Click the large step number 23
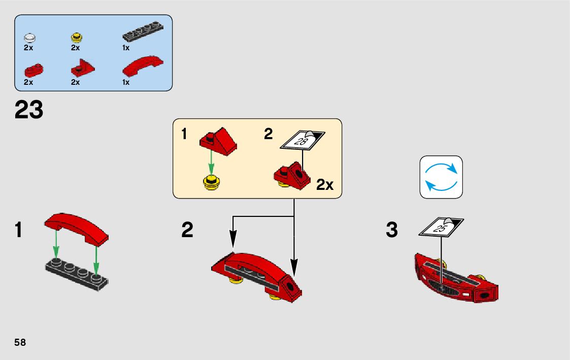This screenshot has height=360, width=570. [29, 110]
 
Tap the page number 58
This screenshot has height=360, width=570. [20, 342]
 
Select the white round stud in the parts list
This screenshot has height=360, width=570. [30, 38]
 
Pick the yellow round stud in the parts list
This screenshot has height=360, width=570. [77, 37]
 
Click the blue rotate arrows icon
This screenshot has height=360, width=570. [441, 177]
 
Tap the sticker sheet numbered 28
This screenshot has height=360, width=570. [303, 140]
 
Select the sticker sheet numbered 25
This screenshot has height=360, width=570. [441, 227]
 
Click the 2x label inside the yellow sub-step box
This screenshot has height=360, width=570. [325, 185]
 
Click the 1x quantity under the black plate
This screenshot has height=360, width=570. [126, 48]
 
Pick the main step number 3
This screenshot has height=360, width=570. [391, 230]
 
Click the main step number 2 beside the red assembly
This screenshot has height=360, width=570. [187, 230]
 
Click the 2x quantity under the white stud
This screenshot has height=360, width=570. [28, 48]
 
